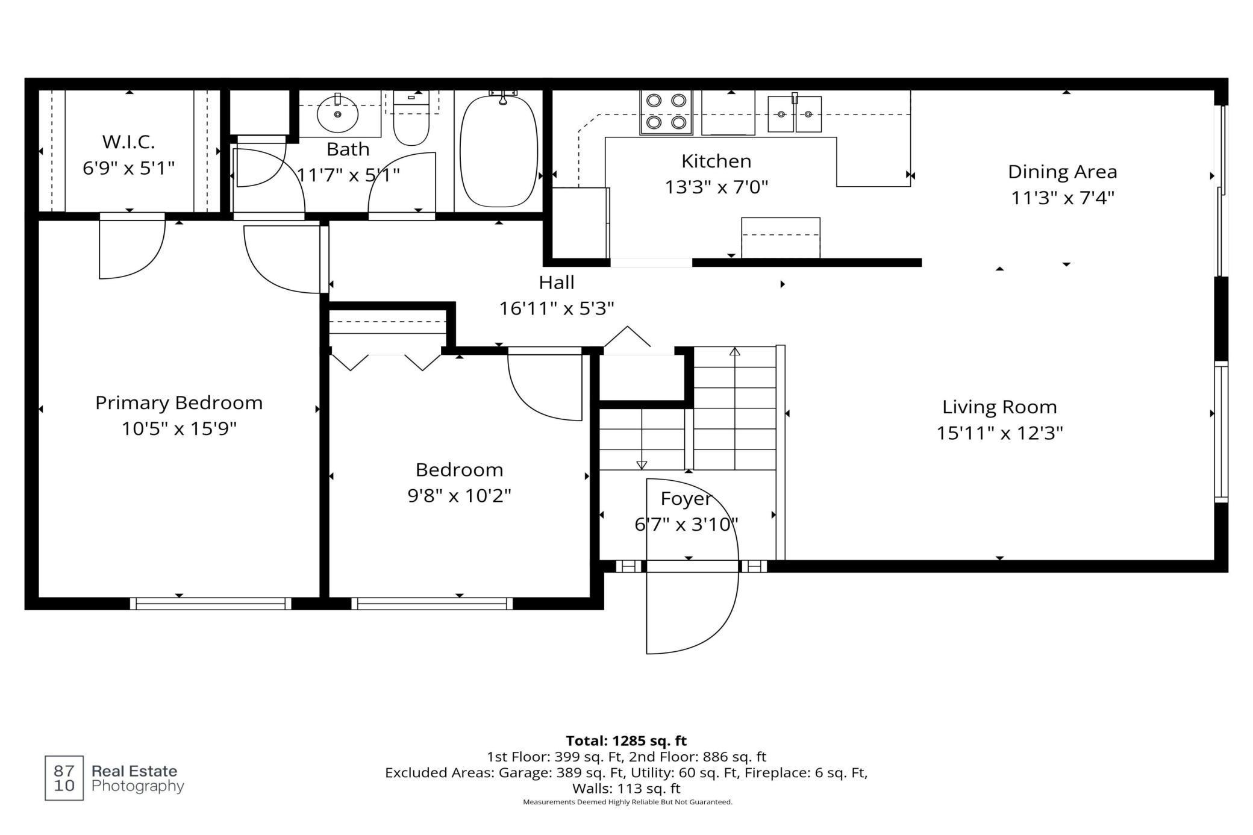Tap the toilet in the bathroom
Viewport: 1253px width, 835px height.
(x=411, y=119)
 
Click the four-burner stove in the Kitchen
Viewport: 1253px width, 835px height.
(x=666, y=112)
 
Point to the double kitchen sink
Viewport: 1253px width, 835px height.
(x=795, y=113)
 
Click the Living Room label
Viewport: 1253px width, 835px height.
(x=999, y=407)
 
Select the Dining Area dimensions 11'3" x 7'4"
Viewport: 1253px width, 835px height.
(x=1063, y=198)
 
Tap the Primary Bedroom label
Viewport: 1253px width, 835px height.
(x=179, y=403)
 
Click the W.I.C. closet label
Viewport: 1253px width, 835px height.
(x=128, y=142)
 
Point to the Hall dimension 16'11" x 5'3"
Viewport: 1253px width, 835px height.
(x=557, y=308)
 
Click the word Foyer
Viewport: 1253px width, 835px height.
(x=686, y=499)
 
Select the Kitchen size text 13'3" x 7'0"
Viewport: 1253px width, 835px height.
(x=716, y=187)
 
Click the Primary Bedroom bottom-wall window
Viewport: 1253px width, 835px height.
(x=211, y=604)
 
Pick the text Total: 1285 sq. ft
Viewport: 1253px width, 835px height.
(x=626, y=740)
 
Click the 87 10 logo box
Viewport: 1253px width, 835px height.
(x=64, y=778)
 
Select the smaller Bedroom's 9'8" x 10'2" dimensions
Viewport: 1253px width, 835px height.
(x=460, y=496)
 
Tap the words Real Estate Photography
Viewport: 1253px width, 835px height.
(x=137, y=778)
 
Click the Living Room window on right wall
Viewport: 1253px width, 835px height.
(x=1221, y=432)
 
